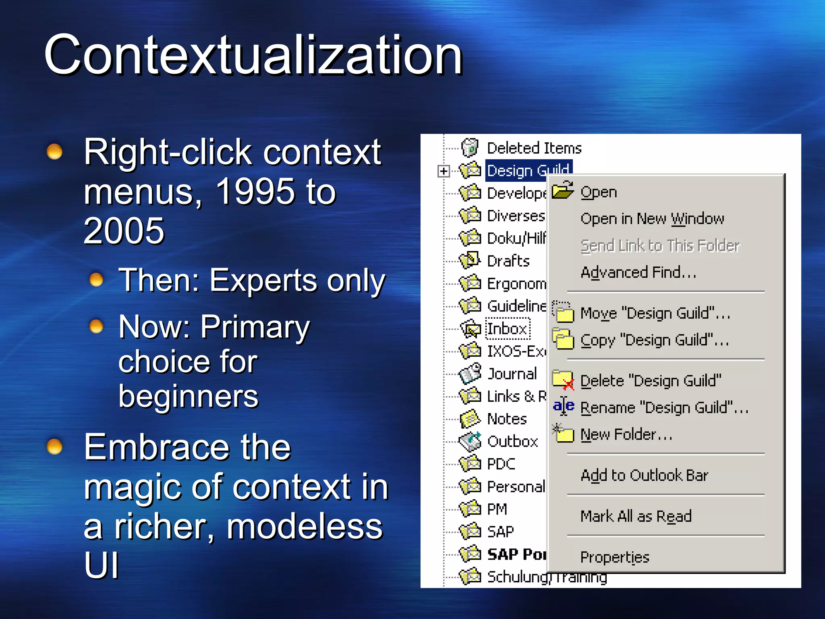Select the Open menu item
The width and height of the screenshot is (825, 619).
(599, 192)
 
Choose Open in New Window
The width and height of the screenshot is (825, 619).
(652, 219)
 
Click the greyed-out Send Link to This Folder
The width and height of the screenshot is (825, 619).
(660, 245)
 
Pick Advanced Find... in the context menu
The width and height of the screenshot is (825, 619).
(638, 272)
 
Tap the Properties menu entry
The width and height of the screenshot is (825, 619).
(615, 557)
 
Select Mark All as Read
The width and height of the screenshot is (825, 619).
(636, 516)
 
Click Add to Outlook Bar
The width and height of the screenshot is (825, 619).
(644, 476)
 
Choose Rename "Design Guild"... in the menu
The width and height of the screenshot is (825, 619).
(664, 407)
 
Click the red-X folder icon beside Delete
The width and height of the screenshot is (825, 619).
(563, 380)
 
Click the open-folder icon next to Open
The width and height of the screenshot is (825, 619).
(562, 191)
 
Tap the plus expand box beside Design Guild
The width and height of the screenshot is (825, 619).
(444, 171)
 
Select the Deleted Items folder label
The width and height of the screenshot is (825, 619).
(534, 148)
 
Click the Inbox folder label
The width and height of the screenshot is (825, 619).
(508, 329)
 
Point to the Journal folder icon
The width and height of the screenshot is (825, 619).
(470, 373)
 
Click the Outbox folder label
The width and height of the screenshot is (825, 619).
(512, 442)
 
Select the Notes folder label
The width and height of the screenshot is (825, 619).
(507, 419)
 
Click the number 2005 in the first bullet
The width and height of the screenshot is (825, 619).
(124, 231)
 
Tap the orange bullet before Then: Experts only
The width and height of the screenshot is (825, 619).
(96, 279)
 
